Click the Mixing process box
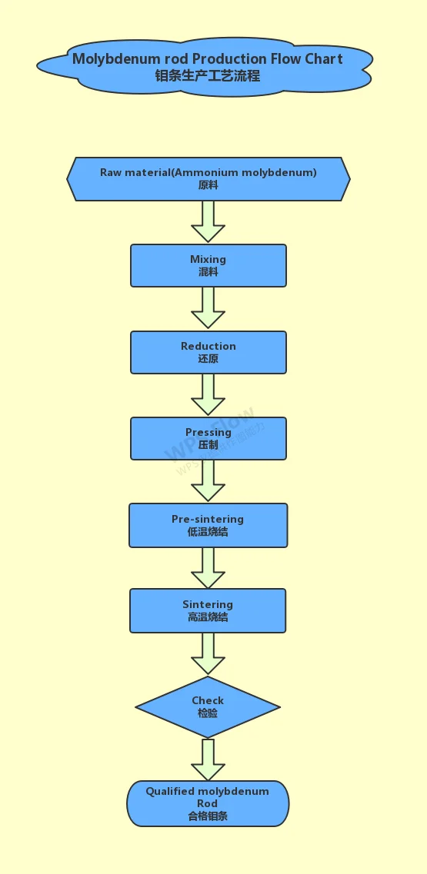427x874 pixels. tap(208, 266)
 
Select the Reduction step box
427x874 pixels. tap(208, 353)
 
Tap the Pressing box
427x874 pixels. tap(208, 439)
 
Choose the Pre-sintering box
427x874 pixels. tap(208, 526)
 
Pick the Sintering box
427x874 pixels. tap(208, 611)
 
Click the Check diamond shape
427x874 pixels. tap(208, 706)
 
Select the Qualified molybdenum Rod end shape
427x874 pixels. tap(208, 803)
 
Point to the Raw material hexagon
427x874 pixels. tap(208, 179)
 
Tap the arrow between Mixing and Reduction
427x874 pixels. tap(208, 308)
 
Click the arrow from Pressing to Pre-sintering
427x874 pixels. tap(208, 481)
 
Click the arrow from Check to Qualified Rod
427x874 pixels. tap(208, 759)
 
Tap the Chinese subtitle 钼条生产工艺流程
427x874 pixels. tap(208, 75)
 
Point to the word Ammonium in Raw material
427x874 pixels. tap(207, 172)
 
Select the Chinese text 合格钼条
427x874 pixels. tap(208, 816)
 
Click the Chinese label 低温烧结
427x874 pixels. tap(208, 532)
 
